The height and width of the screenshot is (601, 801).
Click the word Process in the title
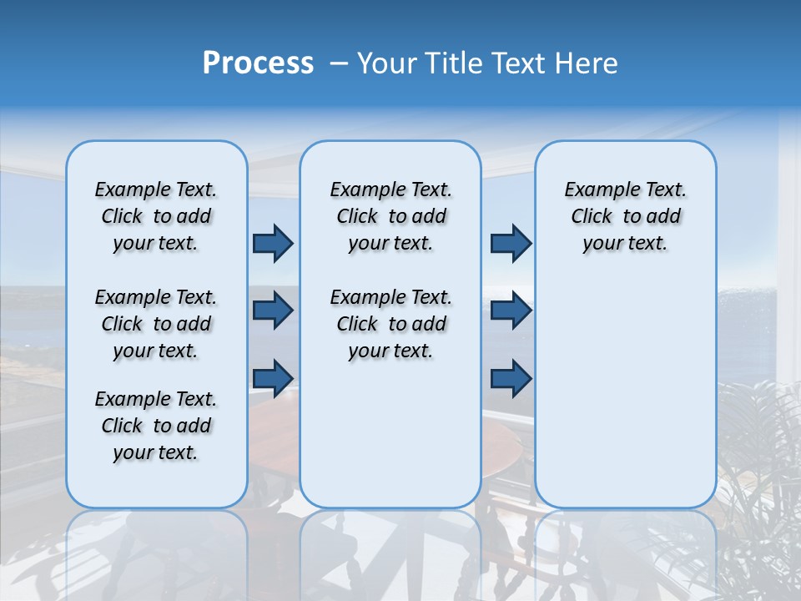pos(258,63)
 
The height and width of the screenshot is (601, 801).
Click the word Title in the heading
pos(451,63)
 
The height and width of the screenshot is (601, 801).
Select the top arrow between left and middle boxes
pos(273,243)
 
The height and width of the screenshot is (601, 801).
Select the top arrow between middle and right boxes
pos(511,243)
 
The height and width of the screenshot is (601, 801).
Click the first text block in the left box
pos(156,216)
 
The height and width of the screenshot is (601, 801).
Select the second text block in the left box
pos(156,324)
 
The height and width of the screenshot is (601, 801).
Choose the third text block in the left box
pos(156,426)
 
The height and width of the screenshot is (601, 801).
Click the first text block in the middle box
pos(390,216)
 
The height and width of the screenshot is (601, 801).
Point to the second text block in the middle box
pos(390,324)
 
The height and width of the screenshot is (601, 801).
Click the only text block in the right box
pos(625,216)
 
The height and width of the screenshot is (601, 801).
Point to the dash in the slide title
pos(339,63)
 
